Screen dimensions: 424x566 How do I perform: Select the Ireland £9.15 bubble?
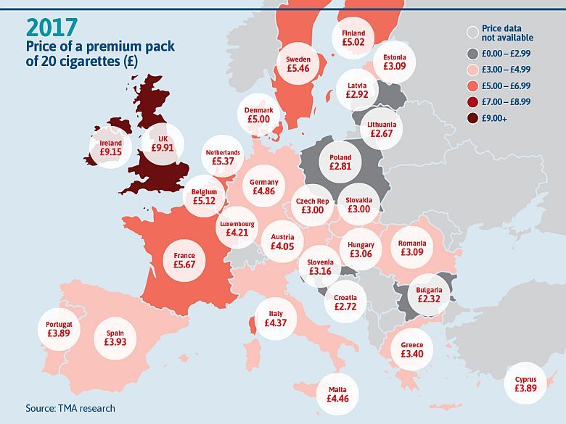coord(111,148)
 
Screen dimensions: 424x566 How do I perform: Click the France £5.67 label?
coord(184,260)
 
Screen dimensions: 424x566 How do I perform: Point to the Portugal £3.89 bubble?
coord(59,329)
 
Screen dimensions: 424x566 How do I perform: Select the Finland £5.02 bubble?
coord(353,38)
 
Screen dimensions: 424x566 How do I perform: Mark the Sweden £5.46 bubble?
coord(298,64)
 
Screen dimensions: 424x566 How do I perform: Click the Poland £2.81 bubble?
coord(340,162)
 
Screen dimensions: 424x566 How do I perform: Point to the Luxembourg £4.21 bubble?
coord(237,228)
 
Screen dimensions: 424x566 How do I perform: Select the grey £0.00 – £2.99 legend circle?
coord(472,54)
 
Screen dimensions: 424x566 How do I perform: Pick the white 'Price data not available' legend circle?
coord(472,33)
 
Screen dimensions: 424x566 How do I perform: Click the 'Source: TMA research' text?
coord(70,408)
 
